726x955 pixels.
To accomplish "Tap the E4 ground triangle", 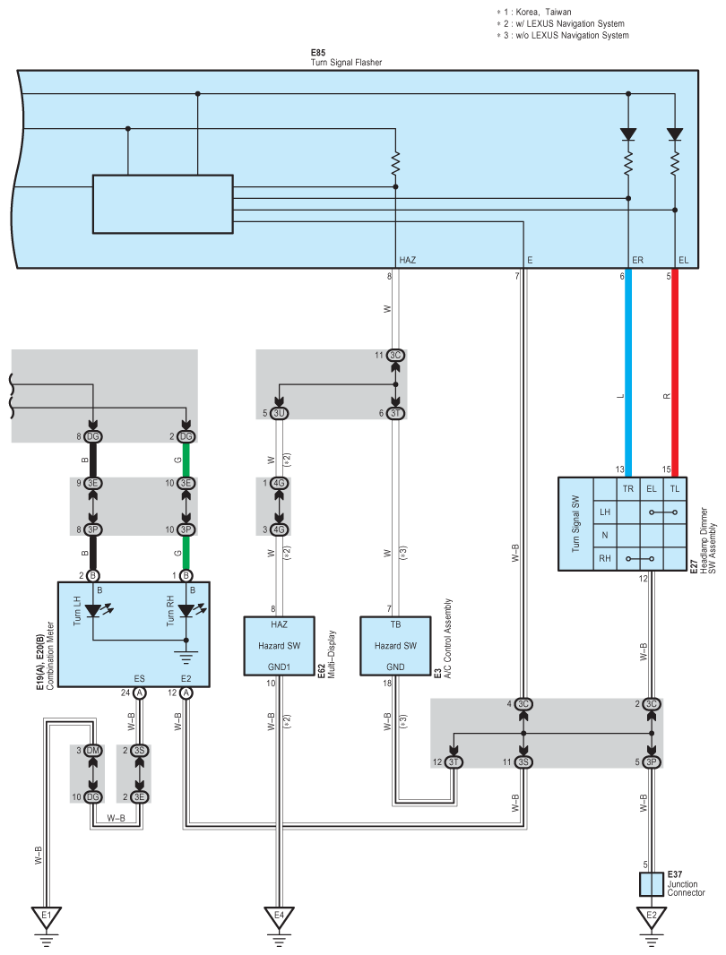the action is point(279,916).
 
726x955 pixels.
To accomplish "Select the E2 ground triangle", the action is point(652,916).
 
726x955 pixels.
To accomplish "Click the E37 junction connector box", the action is point(651,883).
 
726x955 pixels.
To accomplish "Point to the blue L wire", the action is point(628,373).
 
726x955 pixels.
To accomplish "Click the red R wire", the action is point(675,373).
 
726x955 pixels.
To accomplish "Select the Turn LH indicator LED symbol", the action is point(94,610).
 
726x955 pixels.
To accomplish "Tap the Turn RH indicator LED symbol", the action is point(187,610).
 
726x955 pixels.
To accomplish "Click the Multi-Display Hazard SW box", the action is point(279,646).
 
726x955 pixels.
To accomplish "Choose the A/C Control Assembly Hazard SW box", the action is point(395,646).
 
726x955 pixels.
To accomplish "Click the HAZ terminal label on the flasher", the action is point(407,260).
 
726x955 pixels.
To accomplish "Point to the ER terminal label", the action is point(637,260).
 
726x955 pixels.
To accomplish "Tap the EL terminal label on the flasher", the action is point(683,260).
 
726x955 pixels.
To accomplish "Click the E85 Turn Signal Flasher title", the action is point(346,57).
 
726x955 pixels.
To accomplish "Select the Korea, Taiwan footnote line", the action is point(534,12).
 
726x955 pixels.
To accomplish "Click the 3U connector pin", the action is point(279,413).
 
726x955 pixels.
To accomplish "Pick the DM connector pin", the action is point(92,751).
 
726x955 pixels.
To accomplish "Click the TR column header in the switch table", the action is point(628,488).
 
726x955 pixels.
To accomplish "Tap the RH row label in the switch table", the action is point(605,558).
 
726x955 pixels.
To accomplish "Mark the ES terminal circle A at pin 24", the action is point(140,693).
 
